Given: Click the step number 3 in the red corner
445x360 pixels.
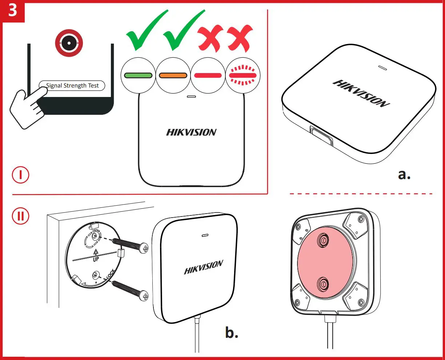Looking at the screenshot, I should (x=12, y=11).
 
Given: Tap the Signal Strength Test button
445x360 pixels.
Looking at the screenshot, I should (x=72, y=86).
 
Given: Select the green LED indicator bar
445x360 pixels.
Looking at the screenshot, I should (x=138, y=76).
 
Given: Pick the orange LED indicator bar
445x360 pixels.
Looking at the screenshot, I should (x=173, y=76).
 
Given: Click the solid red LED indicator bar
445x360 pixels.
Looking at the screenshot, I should (x=208, y=76).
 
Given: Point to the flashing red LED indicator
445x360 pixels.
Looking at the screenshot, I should (x=243, y=76).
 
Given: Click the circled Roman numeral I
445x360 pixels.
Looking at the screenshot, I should (x=21, y=175).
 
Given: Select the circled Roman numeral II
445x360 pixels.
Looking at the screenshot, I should (x=21, y=216).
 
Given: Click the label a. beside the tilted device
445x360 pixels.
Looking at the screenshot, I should (x=404, y=174).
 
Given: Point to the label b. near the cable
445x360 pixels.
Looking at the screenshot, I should (x=232, y=332).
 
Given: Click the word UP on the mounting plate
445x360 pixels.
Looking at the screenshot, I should (x=96, y=259).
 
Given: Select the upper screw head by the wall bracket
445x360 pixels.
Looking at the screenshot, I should (x=145, y=248).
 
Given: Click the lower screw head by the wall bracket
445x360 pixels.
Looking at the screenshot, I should (x=145, y=296).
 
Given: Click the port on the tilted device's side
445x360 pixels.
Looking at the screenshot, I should (x=321, y=136).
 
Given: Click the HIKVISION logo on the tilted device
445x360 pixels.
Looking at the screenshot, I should (x=361, y=93).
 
